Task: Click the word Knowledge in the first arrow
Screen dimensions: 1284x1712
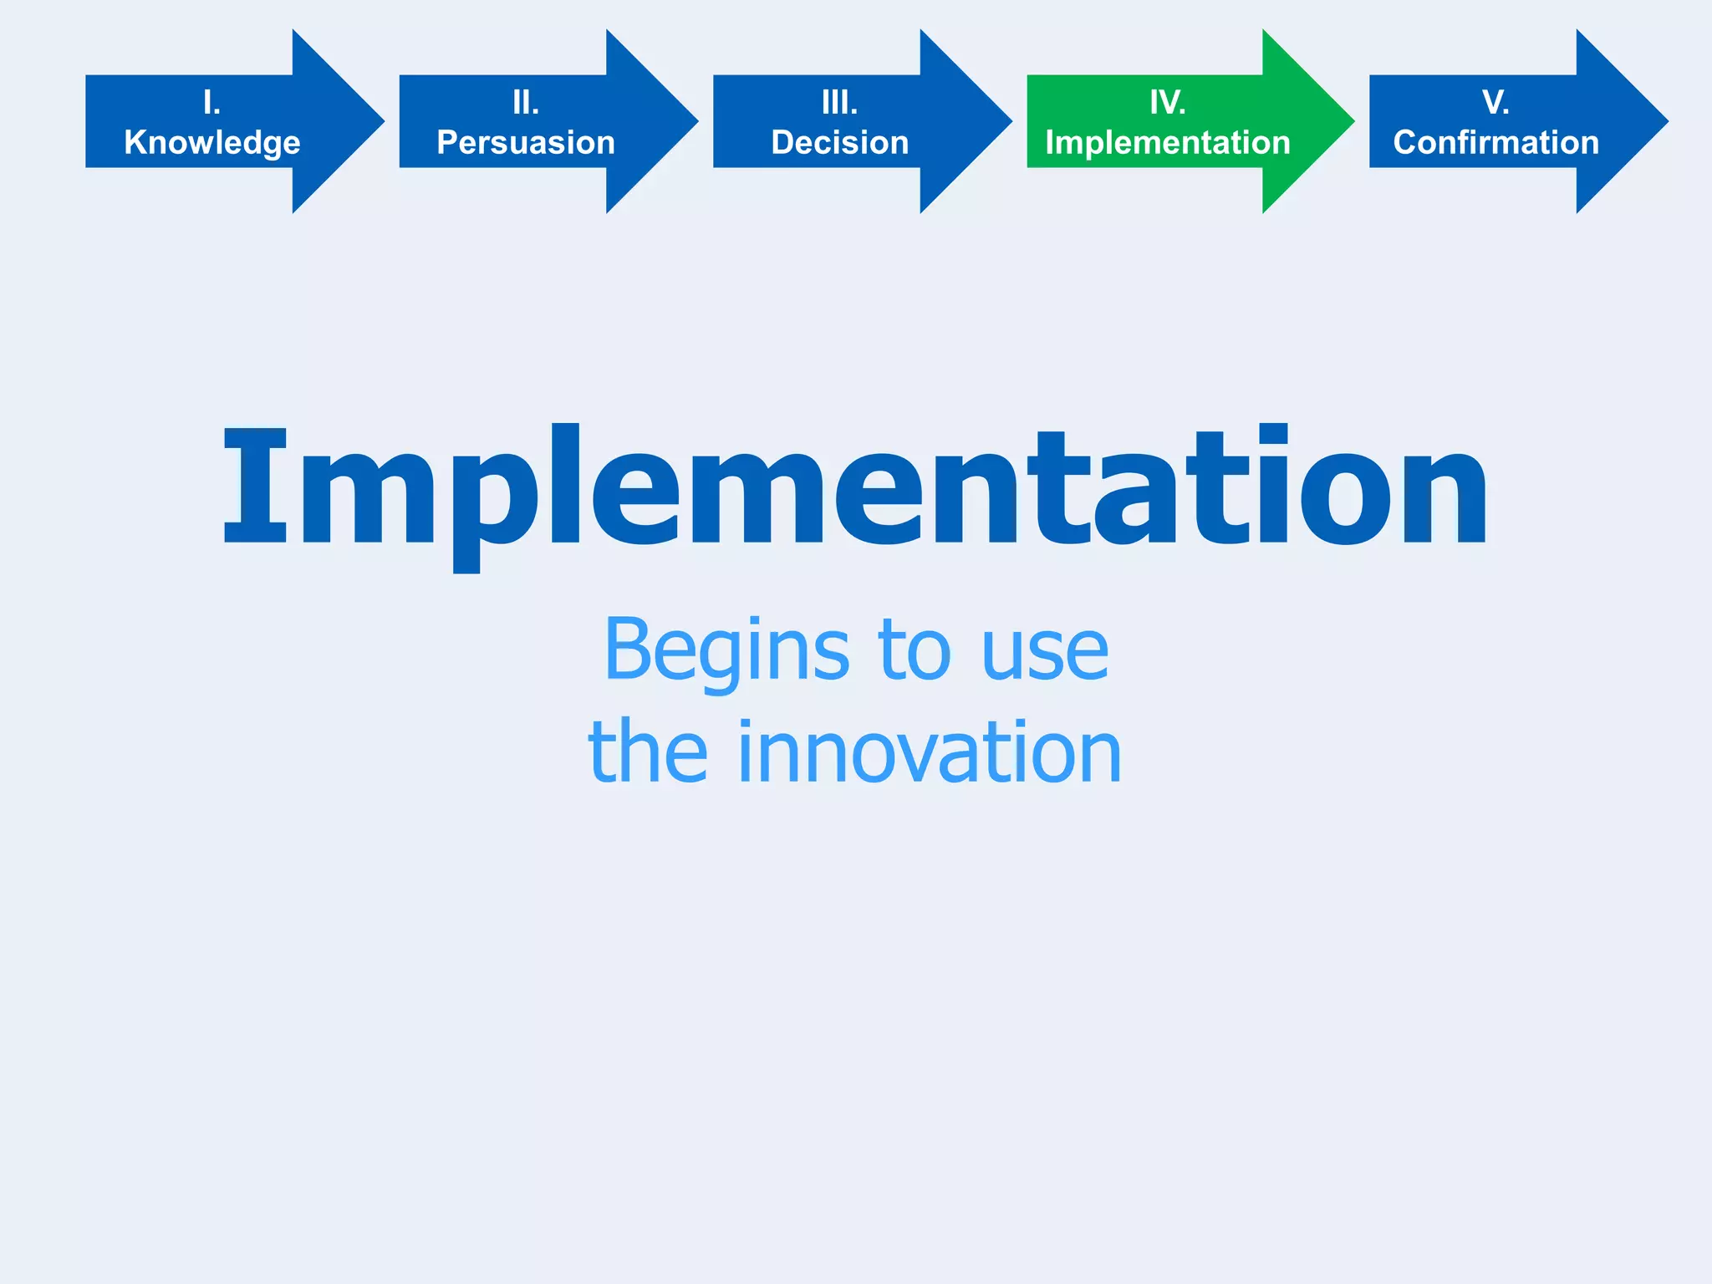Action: pyautogui.click(x=212, y=142)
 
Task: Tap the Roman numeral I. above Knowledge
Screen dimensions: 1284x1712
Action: pyautogui.click(x=212, y=103)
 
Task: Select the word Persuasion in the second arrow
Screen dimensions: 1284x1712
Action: pyautogui.click(x=526, y=142)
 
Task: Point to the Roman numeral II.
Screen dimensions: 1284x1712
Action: pyautogui.click(x=526, y=103)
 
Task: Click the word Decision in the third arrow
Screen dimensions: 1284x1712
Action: pyautogui.click(x=840, y=142)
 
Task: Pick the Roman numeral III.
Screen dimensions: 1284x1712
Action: pyautogui.click(x=840, y=103)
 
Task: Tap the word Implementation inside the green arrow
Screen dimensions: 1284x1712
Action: pyautogui.click(x=1168, y=142)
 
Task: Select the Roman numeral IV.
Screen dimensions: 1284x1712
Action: pyautogui.click(x=1168, y=103)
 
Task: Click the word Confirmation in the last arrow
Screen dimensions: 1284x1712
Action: pyautogui.click(x=1496, y=142)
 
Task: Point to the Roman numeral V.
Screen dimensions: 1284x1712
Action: pyautogui.click(x=1495, y=103)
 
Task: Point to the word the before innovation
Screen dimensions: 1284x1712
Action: pyautogui.click(x=648, y=752)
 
